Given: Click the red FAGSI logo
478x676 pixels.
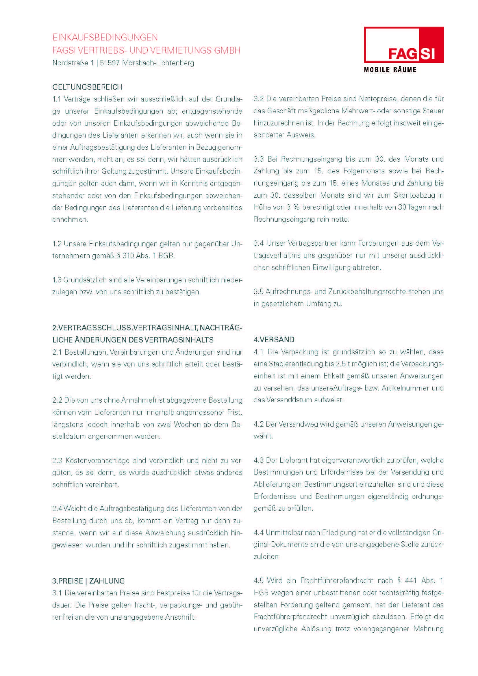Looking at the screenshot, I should [x=403, y=45].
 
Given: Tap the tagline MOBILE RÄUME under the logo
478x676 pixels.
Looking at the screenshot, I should [x=390, y=70].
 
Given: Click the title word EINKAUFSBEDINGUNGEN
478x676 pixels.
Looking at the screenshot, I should [x=105, y=37].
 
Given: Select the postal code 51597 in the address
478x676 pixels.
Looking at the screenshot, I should [x=110, y=63].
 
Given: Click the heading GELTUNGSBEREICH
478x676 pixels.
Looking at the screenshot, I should [x=87, y=87].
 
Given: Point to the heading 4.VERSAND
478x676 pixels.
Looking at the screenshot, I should [x=274, y=340].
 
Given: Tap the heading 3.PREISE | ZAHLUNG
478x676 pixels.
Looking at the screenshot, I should [x=89, y=581].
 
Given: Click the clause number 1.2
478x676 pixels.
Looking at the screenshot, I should [x=57, y=244].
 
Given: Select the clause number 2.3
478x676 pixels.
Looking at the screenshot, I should [x=58, y=460].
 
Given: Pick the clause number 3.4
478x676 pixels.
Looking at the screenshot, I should [x=259, y=243].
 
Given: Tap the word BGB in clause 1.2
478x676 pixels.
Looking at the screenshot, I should [x=166, y=256].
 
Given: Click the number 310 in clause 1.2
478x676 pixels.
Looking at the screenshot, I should [x=128, y=256].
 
